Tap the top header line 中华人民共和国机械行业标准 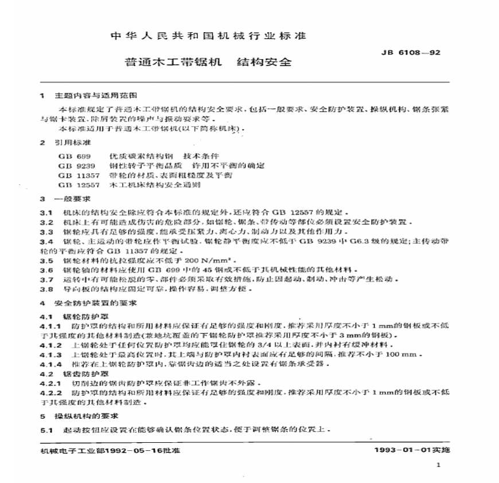point(208,36)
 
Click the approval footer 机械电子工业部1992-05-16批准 point(102,450)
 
